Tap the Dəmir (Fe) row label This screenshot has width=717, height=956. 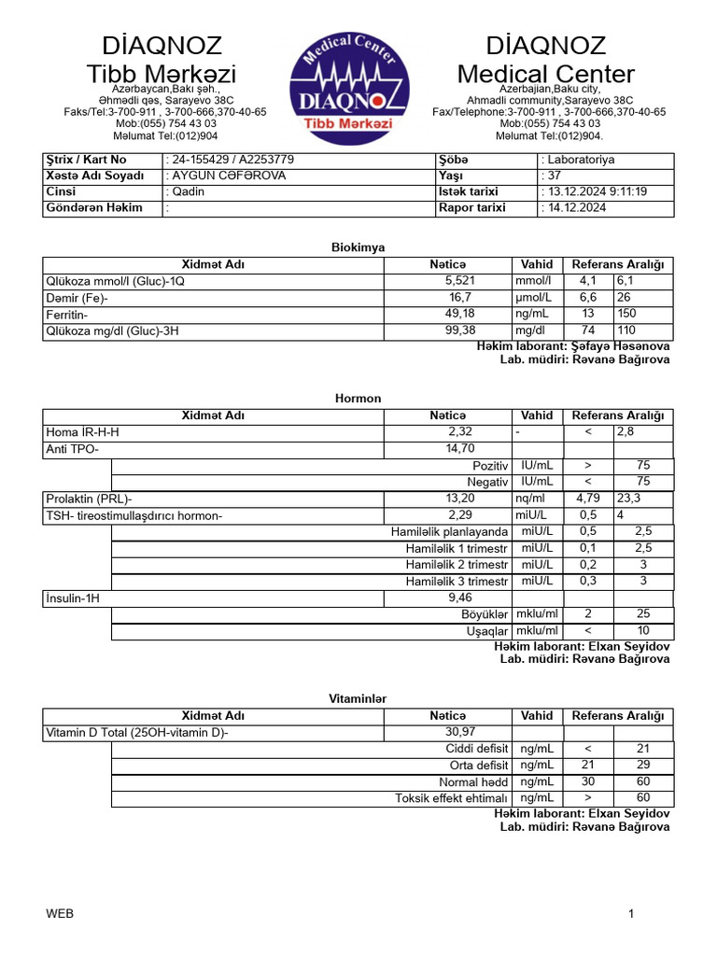[x=77, y=298]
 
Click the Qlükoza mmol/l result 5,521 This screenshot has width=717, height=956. [x=460, y=281]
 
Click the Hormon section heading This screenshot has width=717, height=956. [x=358, y=399]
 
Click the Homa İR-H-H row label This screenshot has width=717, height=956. [x=83, y=432]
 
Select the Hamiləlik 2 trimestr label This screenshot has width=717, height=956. [x=457, y=565]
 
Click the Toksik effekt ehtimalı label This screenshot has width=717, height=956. [x=451, y=798]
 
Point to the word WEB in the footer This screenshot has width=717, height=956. [x=60, y=914]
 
